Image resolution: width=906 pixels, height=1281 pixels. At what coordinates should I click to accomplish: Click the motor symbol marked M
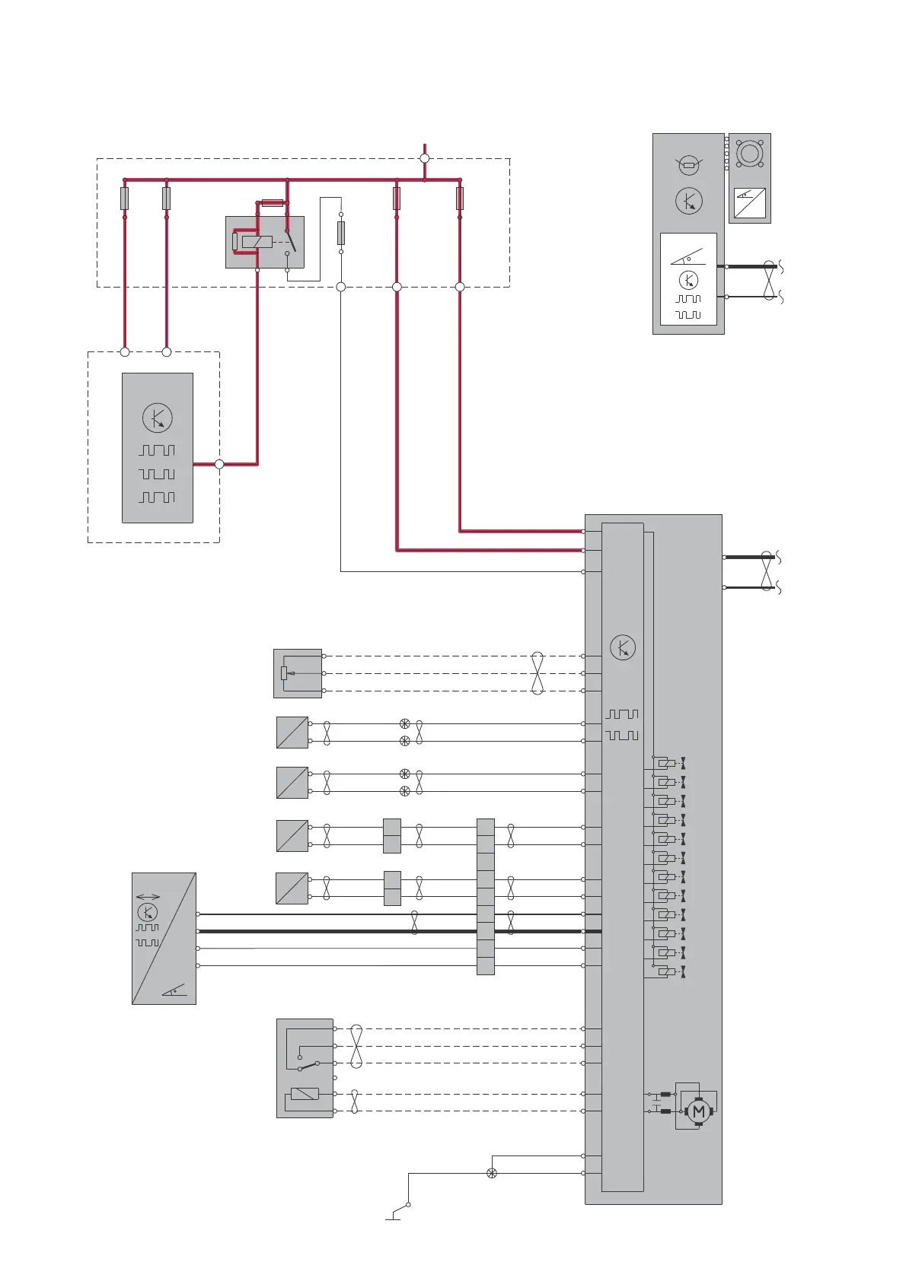(698, 1111)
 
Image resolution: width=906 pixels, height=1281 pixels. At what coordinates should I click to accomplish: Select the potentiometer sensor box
(298, 673)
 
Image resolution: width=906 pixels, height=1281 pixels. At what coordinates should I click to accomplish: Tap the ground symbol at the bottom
(393, 1218)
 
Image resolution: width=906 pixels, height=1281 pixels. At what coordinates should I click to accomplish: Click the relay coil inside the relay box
(257, 242)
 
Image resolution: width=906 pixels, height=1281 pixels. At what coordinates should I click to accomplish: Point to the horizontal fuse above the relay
(273, 203)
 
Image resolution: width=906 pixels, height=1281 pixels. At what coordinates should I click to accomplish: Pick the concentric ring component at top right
(749, 153)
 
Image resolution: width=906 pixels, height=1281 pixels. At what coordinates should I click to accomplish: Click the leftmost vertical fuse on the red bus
(124, 199)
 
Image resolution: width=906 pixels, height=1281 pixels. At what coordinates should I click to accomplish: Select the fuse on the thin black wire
(340, 233)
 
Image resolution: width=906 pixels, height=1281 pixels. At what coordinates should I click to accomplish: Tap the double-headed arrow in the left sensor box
(148, 897)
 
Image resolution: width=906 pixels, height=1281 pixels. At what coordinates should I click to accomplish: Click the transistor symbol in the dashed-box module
(158, 418)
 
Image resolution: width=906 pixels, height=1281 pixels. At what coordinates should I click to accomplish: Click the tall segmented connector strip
(485, 896)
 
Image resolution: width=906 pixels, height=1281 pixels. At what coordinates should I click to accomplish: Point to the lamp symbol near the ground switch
(491, 1173)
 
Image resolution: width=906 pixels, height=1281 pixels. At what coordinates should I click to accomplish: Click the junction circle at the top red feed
(425, 158)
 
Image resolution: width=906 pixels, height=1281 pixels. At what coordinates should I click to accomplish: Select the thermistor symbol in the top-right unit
(689, 165)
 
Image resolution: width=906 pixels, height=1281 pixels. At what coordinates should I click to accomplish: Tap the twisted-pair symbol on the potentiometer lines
(538, 673)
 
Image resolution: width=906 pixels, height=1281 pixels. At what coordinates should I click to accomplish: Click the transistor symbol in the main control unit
(623, 647)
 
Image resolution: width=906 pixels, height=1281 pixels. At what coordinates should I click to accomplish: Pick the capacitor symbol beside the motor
(656, 1102)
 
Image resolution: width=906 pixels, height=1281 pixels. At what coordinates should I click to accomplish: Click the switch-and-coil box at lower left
(305, 1068)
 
